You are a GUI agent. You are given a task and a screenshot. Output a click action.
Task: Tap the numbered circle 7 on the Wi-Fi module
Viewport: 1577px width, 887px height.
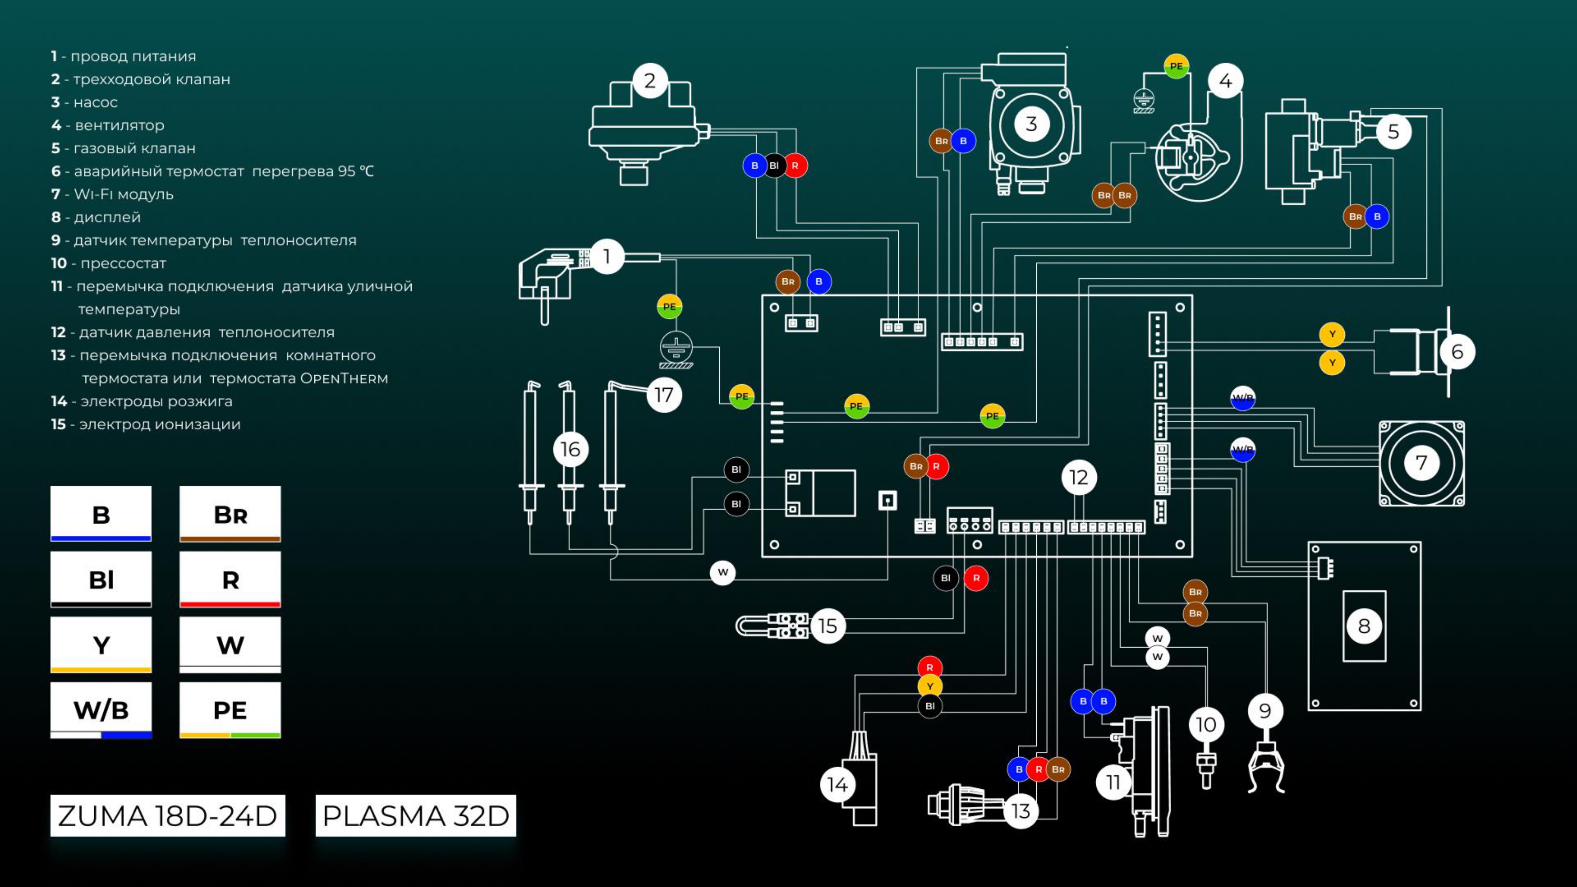click(x=1421, y=463)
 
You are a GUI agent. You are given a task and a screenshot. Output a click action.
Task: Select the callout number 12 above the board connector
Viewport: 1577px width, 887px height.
click(x=1078, y=477)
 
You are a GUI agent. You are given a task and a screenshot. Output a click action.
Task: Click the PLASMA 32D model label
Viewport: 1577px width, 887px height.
click(x=416, y=815)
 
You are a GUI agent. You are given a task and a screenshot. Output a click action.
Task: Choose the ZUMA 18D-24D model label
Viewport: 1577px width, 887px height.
click(x=168, y=815)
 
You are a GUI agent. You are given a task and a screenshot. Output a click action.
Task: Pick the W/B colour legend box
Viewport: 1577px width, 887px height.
click(x=101, y=710)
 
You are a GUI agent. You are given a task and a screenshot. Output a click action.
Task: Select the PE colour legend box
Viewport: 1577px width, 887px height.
click(x=230, y=710)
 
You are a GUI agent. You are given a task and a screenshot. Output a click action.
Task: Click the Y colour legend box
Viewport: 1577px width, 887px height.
click(x=101, y=645)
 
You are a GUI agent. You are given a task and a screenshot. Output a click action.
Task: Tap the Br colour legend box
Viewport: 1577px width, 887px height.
click(x=230, y=514)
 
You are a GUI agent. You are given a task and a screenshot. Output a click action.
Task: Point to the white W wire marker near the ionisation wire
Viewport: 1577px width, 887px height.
click(x=722, y=572)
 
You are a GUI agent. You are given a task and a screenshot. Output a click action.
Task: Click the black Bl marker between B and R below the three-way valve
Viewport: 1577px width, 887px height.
click(x=775, y=165)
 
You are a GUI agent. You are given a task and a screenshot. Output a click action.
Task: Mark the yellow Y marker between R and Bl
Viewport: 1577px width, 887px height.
click(x=930, y=686)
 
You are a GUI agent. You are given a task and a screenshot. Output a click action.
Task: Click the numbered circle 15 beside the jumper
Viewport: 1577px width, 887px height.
click(x=828, y=626)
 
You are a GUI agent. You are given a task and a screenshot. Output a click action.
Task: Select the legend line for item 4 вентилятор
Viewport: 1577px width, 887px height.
click(x=108, y=125)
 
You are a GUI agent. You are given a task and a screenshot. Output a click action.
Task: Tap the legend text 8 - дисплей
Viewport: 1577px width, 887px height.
click(x=96, y=217)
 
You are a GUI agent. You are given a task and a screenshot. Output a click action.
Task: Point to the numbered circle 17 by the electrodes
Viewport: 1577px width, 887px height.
click(x=664, y=395)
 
